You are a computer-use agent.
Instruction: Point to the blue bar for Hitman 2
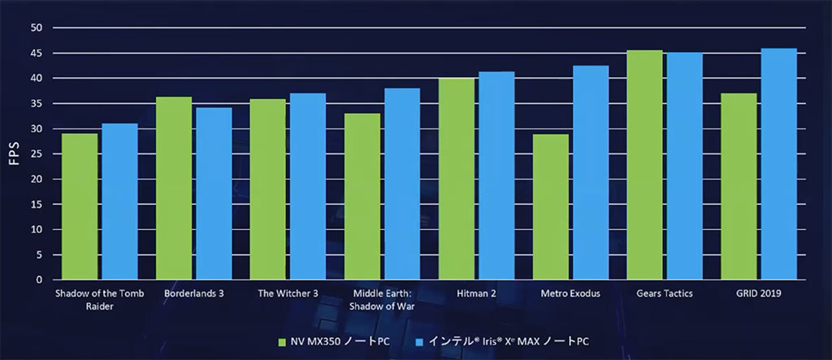496,176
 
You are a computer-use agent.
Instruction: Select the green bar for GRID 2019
739,186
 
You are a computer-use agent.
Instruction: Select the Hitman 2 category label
477,293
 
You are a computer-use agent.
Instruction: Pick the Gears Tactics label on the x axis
664,293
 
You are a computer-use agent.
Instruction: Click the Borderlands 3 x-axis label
194,293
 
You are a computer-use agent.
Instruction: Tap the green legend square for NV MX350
283,341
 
